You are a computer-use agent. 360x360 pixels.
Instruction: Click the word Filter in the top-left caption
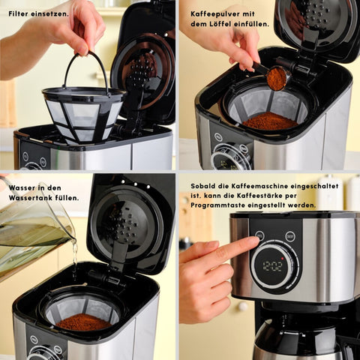pos(19,13)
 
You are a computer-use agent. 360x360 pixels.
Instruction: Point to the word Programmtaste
pos(217,205)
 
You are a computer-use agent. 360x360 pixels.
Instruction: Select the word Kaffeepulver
pos(215,14)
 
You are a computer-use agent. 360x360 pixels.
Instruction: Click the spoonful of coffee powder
pos(277,79)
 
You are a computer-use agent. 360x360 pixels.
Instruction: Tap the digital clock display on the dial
pos(273,266)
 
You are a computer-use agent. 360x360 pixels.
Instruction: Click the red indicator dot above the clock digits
pos(283,259)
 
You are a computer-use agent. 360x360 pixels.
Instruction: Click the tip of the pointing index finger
pos(257,240)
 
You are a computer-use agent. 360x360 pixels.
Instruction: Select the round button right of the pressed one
pos(290,236)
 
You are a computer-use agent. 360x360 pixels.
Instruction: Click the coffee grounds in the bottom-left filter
pos(84,322)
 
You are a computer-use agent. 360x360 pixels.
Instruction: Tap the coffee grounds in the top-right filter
pos(271,121)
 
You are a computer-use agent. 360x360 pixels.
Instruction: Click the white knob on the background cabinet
pos(242,306)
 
